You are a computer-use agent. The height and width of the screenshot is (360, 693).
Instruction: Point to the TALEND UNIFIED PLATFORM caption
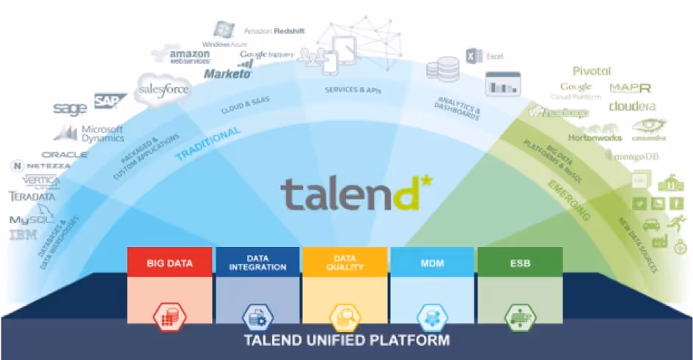click(x=346, y=340)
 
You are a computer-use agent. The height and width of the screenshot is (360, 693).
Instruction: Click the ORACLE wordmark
click(x=65, y=155)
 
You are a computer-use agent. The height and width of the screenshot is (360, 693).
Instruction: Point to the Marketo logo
click(x=228, y=73)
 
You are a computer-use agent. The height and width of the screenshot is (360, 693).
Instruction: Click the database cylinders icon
click(x=442, y=71)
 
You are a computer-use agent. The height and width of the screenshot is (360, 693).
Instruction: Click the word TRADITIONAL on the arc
click(x=208, y=144)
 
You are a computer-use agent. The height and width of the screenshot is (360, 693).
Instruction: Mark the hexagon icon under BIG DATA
click(x=169, y=317)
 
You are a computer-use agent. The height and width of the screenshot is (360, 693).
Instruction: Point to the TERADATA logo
click(x=32, y=196)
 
